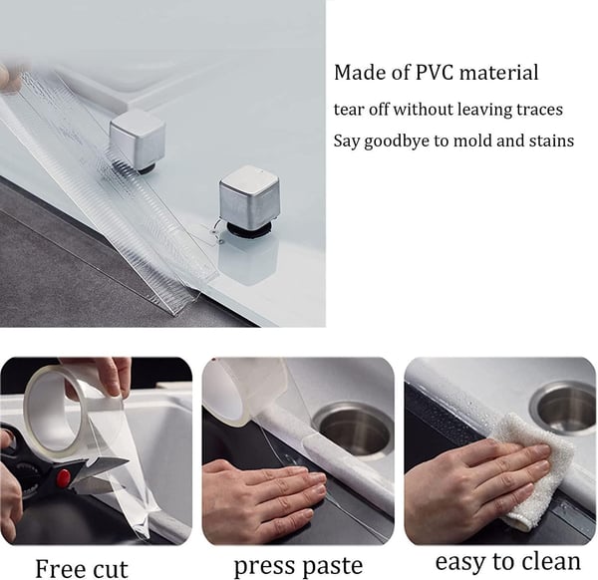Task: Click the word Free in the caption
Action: (59, 569)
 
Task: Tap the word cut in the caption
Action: (111, 569)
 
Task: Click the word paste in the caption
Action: (331, 565)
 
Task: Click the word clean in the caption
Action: (551, 561)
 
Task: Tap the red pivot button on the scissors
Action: (63, 477)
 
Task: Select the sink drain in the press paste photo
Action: (353, 430)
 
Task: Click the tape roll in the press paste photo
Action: (245, 390)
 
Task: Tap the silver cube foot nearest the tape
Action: (138, 141)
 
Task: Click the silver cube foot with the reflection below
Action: (249, 199)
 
